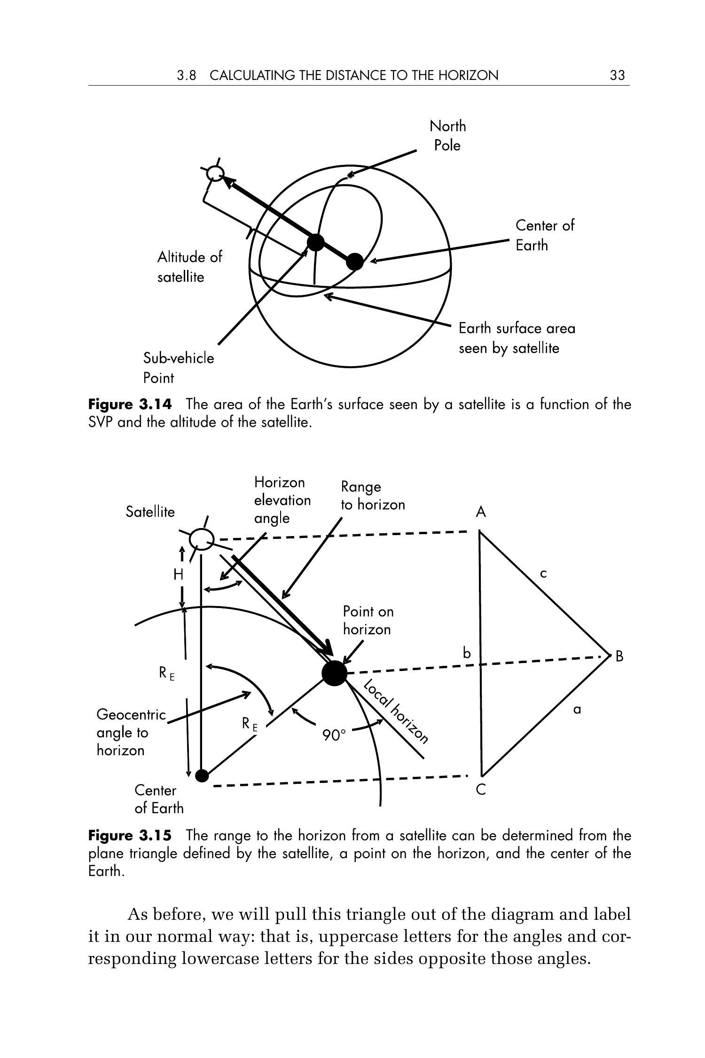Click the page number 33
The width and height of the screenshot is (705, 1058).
[617, 75]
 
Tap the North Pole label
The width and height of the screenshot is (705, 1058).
[447, 135]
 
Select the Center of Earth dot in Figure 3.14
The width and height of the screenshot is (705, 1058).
[355, 261]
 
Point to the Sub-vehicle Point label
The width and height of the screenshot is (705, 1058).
[178, 368]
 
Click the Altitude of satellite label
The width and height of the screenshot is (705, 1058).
[189, 267]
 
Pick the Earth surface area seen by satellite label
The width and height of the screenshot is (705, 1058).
[517, 338]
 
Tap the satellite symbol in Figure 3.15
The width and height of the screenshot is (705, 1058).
[202, 539]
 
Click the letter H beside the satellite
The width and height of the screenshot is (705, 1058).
[178, 574]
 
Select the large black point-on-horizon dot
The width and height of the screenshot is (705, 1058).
[334, 673]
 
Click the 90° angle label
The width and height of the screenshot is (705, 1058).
[334, 735]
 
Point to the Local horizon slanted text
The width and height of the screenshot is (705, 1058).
[396, 711]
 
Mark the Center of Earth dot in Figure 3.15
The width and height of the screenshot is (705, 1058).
[202, 775]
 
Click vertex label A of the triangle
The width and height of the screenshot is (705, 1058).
[480, 512]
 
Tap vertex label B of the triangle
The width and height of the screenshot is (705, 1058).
[619, 656]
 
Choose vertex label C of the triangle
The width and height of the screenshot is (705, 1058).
[480, 790]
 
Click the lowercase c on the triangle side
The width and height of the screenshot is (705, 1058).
[543, 574]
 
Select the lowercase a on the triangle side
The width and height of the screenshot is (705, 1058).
[577, 710]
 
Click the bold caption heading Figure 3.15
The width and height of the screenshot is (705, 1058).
[130, 836]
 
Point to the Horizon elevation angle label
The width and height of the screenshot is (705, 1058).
[282, 500]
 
